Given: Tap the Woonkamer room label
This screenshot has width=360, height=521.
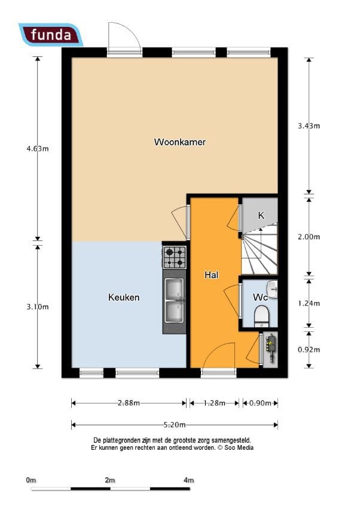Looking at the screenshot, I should (x=180, y=142).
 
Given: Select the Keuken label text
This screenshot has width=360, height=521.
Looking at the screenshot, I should (x=124, y=297).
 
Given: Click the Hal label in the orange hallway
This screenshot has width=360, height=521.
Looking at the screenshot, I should (x=211, y=275).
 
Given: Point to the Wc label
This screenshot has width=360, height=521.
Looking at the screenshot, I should (x=259, y=297).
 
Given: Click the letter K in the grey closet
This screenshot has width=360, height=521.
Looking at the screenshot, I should (x=261, y=215).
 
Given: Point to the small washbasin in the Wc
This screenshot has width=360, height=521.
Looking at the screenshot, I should (x=273, y=290).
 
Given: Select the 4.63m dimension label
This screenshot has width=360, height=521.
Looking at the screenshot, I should (x=37, y=149).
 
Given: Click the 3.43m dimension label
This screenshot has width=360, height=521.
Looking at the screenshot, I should (x=309, y=126).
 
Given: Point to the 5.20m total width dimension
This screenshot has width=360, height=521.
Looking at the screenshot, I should (x=175, y=425).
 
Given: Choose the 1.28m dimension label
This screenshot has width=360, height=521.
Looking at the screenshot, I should (x=214, y=403).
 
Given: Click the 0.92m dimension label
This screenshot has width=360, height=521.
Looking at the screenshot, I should (x=309, y=349).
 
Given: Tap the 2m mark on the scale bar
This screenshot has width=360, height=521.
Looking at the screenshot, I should (x=109, y=480).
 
